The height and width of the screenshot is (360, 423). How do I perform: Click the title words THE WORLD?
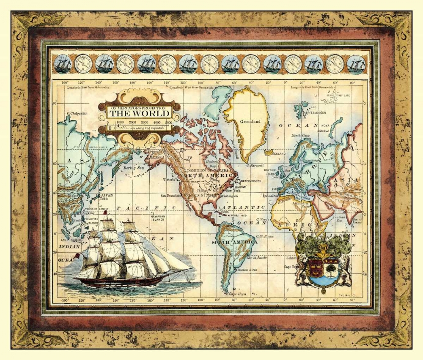click(139, 114)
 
